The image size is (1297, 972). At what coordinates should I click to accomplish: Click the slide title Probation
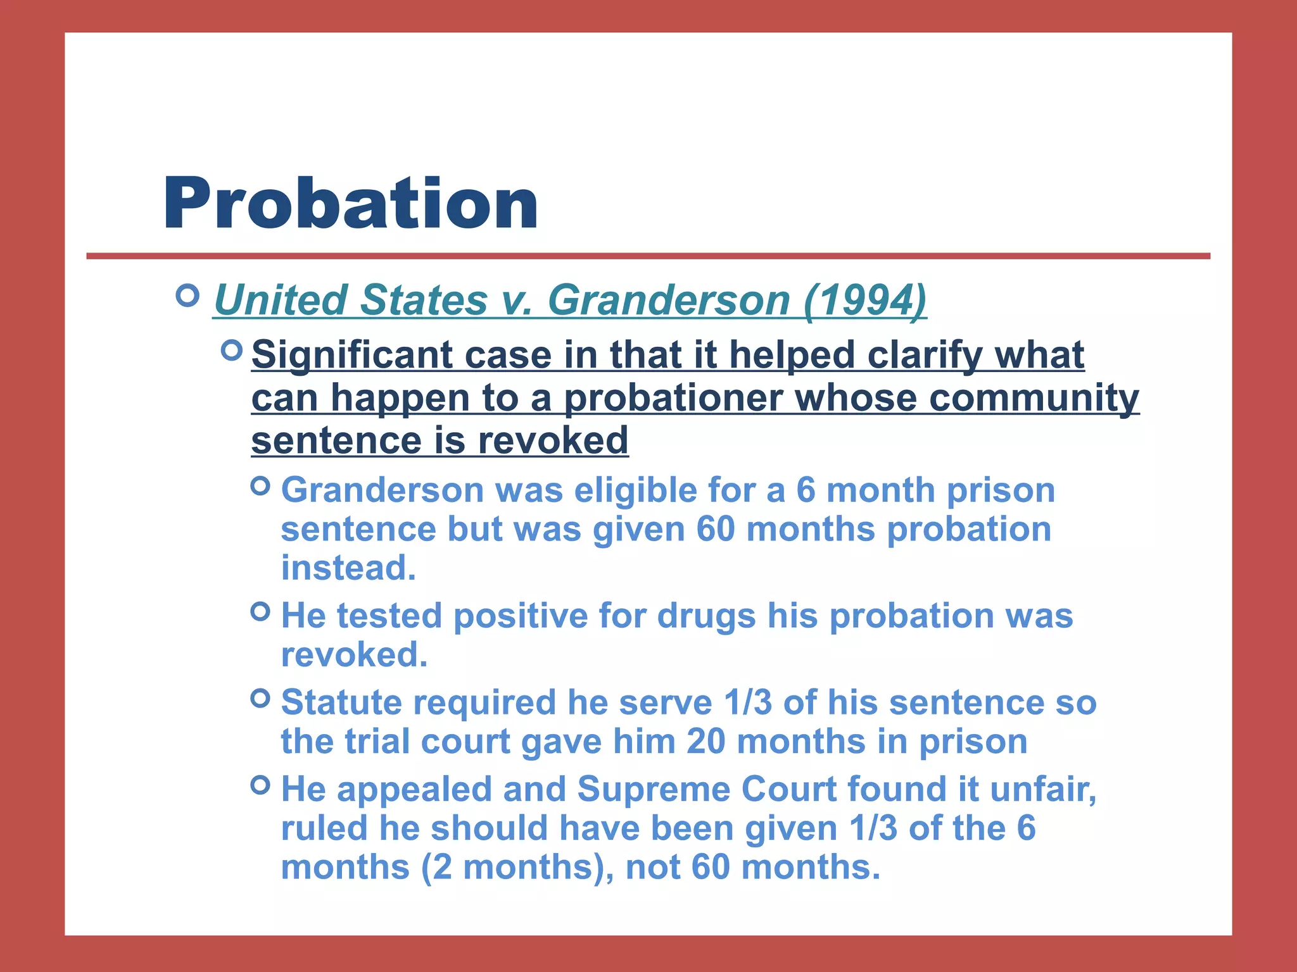[350, 204]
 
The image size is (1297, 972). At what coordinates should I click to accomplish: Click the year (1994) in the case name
[864, 299]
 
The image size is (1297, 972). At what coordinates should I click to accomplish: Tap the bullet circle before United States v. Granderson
[187, 296]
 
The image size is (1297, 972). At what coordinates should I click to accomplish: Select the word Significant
[351, 355]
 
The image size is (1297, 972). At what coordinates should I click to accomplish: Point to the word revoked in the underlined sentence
[553, 440]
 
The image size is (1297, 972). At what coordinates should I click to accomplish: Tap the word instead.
[348, 568]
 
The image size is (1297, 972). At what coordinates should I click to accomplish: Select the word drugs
[706, 616]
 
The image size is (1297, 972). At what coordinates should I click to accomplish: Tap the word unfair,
[1042, 789]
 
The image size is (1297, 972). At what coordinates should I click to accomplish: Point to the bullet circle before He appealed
[260, 785]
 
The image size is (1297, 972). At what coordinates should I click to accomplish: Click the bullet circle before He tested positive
[260, 611]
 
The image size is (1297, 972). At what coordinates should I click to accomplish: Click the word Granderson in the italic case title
[668, 299]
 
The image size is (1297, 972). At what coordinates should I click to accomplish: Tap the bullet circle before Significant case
[232, 350]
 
